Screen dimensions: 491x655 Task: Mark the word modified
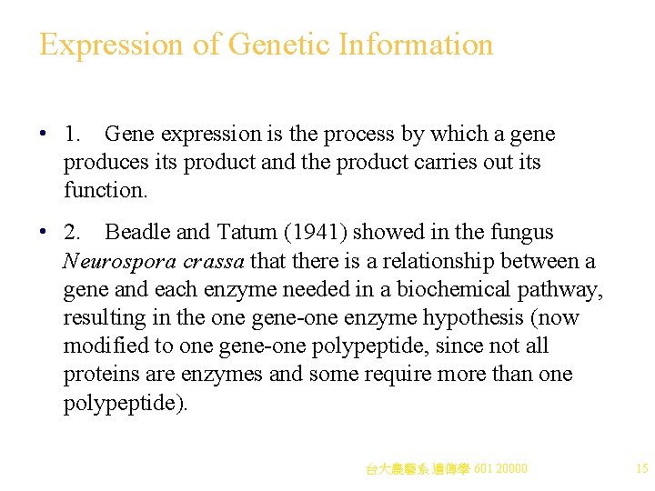pyautogui.click(x=102, y=346)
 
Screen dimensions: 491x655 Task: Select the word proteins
pyautogui.click(x=99, y=375)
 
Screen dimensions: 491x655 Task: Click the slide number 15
pyautogui.click(x=641, y=469)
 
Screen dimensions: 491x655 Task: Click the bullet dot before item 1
pyautogui.click(x=44, y=135)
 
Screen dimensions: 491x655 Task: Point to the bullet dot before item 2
pyautogui.click(x=44, y=234)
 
